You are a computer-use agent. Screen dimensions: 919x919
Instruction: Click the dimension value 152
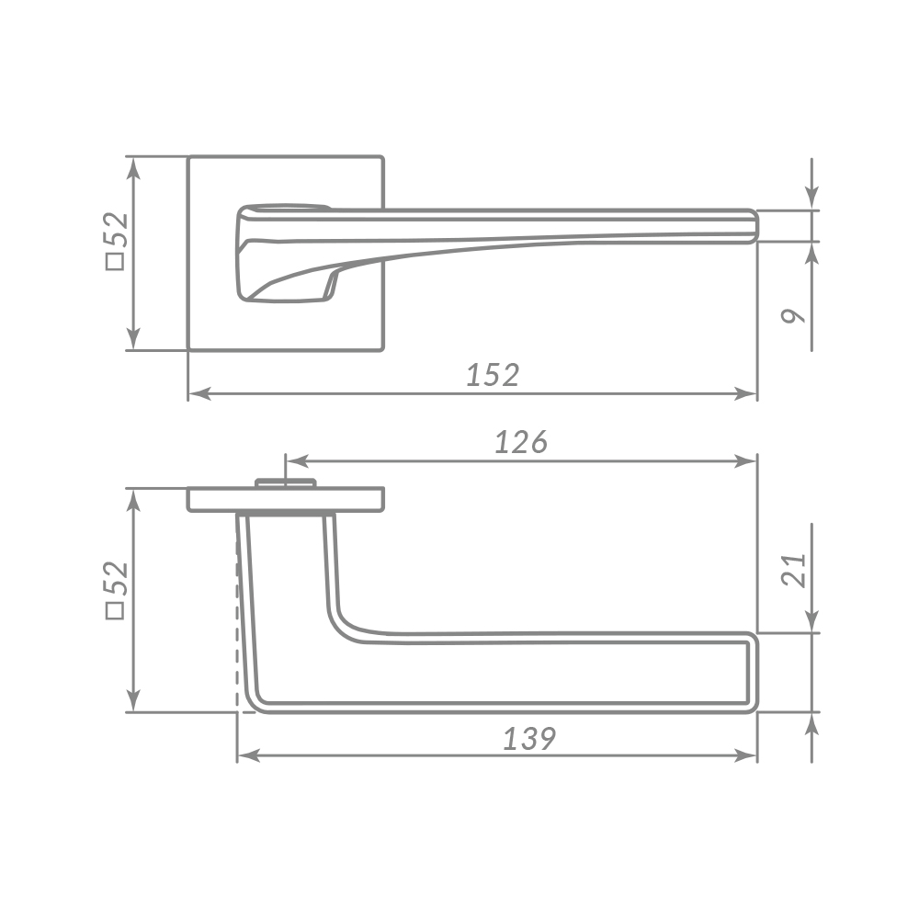point(493,375)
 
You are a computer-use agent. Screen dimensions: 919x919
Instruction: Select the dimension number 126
point(521,442)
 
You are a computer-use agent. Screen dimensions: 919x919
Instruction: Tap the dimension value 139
point(529,739)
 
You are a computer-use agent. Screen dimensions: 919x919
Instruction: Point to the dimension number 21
point(794,571)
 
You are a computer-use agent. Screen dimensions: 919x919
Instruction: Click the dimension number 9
point(794,316)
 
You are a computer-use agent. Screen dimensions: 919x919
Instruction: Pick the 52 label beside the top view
point(116,230)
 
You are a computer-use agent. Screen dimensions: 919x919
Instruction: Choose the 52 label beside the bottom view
point(116,579)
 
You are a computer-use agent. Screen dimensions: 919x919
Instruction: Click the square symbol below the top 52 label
point(115,261)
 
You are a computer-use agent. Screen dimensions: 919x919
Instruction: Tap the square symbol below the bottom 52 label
point(115,610)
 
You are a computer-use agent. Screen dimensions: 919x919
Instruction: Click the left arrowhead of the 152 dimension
point(199,394)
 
